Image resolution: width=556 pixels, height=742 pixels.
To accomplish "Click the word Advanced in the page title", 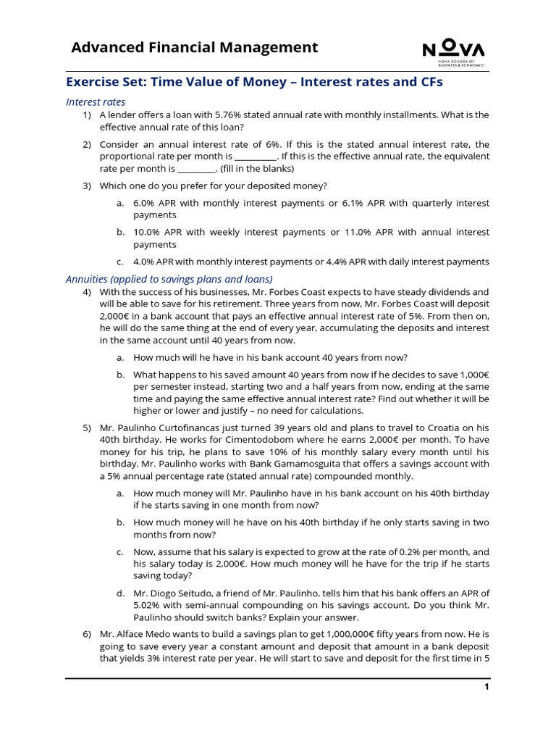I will tap(104, 48).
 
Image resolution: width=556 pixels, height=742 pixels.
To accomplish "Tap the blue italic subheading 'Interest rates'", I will tap(96, 102).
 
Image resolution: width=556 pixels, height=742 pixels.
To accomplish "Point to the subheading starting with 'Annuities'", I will tap(169, 279).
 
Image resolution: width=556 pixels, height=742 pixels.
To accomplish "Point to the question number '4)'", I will tap(87, 292).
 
